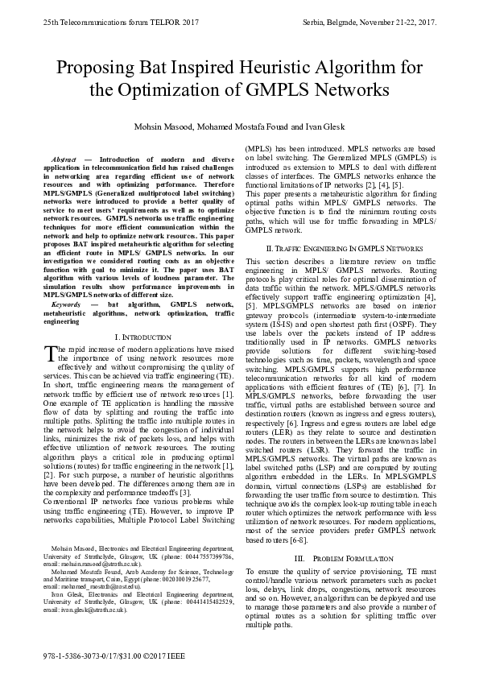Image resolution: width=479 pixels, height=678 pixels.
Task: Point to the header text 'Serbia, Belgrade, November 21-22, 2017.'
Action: click(x=367, y=23)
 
